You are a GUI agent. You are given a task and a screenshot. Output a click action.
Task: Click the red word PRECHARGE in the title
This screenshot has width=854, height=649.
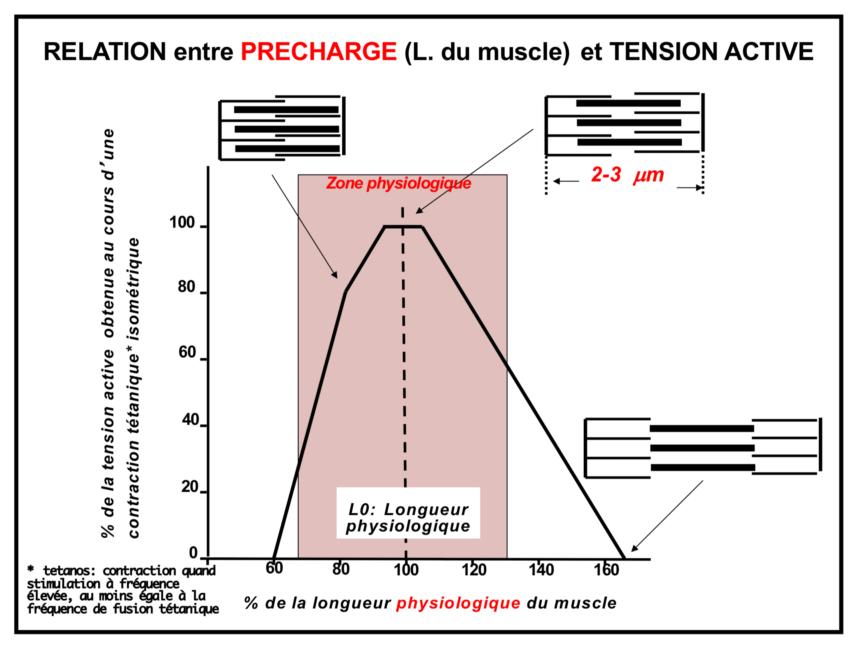pos(319,51)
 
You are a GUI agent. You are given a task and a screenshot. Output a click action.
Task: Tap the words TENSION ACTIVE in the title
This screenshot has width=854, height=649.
pos(711,51)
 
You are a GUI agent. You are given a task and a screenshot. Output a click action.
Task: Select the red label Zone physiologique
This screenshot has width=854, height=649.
pos(398,183)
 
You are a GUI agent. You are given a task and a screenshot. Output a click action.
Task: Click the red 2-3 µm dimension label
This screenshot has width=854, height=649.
pos(627,175)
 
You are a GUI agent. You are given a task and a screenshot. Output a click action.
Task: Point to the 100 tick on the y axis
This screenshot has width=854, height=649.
pos(182,223)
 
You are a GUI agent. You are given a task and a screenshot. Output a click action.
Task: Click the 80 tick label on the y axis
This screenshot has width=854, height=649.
pos(186,287)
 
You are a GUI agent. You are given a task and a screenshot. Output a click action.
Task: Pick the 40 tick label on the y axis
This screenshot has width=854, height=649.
pos(190,420)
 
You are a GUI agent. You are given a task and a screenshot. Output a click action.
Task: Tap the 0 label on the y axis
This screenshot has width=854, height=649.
pos(193,553)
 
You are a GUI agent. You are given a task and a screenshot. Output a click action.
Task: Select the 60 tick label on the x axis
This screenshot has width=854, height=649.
pos(274,568)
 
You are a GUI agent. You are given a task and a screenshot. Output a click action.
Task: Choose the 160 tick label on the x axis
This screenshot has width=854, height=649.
pos(606,570)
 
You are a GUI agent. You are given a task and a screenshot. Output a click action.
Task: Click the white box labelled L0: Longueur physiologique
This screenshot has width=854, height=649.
pos(408,513)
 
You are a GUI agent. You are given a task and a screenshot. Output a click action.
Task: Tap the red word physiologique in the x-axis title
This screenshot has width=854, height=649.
pos(458,603)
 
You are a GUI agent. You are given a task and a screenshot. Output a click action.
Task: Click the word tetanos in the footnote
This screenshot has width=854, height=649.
pos(69,571)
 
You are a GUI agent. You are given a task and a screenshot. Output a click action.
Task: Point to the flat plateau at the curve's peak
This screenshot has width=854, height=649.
pos(403,227)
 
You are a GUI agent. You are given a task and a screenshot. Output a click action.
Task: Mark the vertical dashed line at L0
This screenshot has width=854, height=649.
pos(404,359)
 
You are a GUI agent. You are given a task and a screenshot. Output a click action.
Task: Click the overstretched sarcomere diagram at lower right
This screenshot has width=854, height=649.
pos(703,447)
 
